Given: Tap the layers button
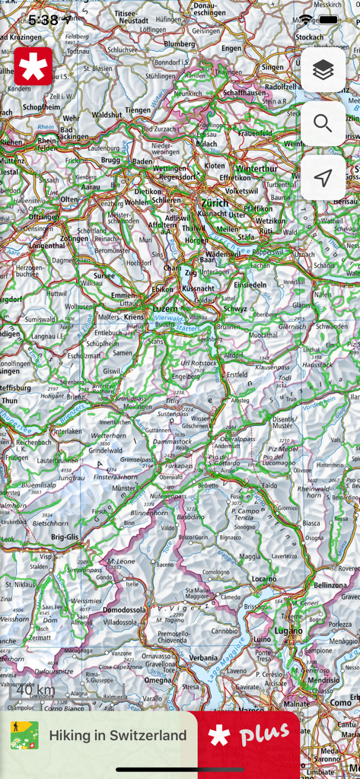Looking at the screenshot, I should coord(323,70).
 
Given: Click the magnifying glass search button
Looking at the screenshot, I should coord(323,124).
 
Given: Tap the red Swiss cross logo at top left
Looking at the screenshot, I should coord(33,66).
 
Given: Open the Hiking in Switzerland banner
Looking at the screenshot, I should coord(99,736).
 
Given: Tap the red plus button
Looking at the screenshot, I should coord(248,735).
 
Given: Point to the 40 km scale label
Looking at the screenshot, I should coord(37,690).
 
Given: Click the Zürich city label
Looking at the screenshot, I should coord(215,203).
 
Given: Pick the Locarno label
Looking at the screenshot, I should coord(264,579).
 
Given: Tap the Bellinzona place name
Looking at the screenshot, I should coord(330,585).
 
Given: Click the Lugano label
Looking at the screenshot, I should coord(288,631).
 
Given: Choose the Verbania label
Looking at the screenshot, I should coord(203,657).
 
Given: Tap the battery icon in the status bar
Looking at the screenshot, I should coord(328,20).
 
